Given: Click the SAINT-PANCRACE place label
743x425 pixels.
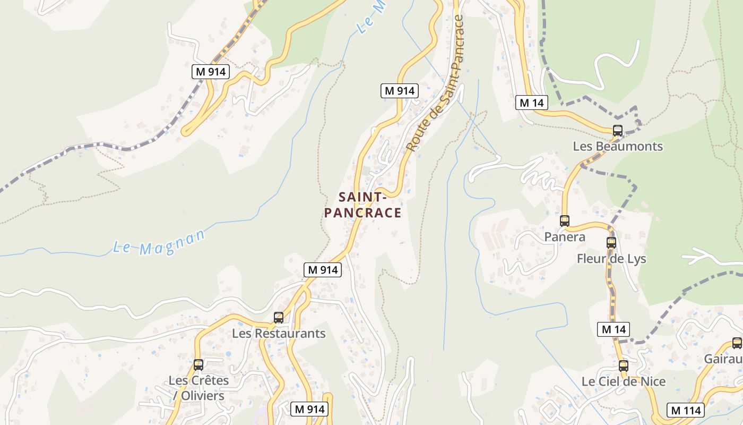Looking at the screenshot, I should pos(362,205).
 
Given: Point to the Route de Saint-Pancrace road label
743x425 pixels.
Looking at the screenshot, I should pos(435,83).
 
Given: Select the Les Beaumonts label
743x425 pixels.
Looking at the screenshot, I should pos(618,146).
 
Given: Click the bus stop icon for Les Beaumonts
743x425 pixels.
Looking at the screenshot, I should pos(617,131).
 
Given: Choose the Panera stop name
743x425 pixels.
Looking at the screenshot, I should pos(565,236).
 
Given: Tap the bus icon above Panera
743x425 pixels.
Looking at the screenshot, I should pos(565,221).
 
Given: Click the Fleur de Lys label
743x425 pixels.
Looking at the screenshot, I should pos(611,259).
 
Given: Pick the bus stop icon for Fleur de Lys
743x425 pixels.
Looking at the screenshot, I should pos(611,243).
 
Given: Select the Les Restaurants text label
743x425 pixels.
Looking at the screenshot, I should pos(279,334).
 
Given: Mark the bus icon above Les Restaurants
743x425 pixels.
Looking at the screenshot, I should pos(279,318).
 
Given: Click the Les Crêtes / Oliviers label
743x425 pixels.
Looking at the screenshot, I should pos(199,388).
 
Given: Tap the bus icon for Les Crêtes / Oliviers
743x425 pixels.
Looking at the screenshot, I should pos(198,365).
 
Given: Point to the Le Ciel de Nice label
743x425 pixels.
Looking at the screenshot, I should pos(624,381).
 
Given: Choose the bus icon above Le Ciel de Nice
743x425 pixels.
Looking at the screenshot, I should pos(624,366).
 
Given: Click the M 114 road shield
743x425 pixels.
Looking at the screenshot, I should pos(686,410).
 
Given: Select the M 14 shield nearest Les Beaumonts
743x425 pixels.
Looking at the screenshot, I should pos(531,103).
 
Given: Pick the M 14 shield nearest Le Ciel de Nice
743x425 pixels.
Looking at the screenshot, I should pos(614,329).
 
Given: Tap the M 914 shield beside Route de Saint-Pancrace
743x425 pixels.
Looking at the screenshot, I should pos(400,91).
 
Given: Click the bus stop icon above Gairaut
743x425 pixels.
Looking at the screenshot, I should pos(737,343).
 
